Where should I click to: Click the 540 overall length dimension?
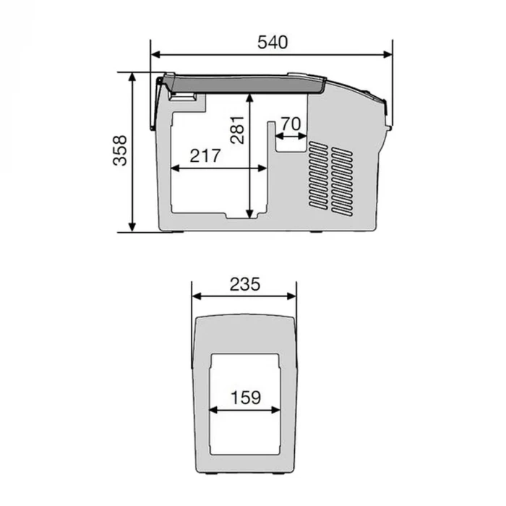point(273,42)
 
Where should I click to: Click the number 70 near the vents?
point(290,124)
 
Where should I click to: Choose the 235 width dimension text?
point(244,284)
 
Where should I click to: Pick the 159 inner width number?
point(245,397)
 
